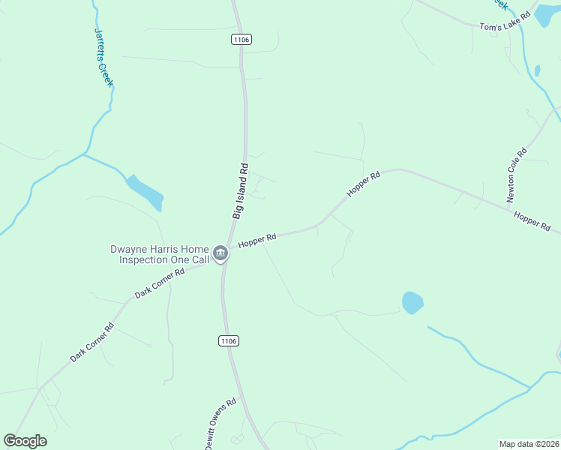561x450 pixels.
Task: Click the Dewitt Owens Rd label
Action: click(220, 423)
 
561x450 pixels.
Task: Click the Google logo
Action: click(25, 441)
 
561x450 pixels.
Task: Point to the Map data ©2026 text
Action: click(529, 443)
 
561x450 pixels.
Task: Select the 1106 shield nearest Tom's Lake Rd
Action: click(241, 39)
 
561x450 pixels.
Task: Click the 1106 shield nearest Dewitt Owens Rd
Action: click(229, 341)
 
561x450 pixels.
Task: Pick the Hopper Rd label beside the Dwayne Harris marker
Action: click(258, 240)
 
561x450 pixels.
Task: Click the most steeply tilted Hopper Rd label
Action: click(364, 184)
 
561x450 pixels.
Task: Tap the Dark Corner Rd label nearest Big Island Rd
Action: click(160, 284)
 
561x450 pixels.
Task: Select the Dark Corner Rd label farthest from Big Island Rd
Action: click(91, 342)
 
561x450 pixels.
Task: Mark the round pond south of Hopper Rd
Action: click(412, 302)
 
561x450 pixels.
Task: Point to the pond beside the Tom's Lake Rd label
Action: click(547, 15)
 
